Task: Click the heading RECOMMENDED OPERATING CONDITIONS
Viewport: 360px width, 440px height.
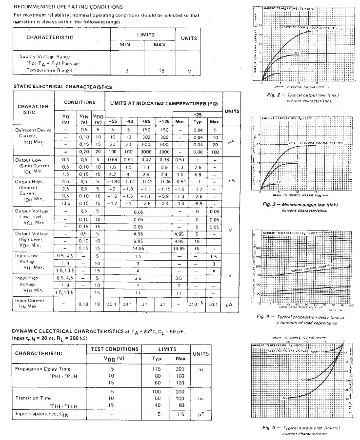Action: tap(65, 6)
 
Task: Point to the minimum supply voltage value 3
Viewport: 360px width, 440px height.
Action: tap(127, 71)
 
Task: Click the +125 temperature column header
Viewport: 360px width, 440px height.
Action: tap(164, 121)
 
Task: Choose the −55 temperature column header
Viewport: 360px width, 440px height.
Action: tap(112, 121)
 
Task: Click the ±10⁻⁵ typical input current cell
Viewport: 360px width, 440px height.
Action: tap(198, 305)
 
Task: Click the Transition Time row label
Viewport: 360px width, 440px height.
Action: tap(38, 399)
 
